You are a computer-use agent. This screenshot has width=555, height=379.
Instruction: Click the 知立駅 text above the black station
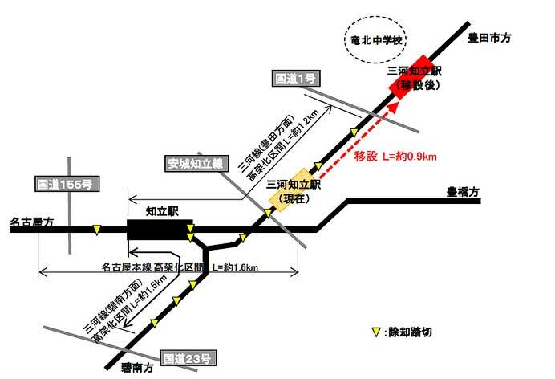pos(161,208)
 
